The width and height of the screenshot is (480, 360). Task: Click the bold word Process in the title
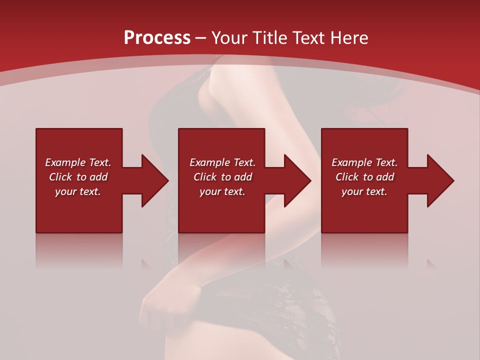tap(157, 38)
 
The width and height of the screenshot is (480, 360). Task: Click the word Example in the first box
tap(65, 162)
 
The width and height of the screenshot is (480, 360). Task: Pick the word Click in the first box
tap(60, 177)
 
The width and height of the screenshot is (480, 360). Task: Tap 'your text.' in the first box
tap(78, 191)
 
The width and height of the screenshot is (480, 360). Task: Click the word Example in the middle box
tap(209, 162)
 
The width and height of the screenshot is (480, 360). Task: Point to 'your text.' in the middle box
tap(222, 191)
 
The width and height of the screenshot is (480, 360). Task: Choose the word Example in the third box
tap(351, 162)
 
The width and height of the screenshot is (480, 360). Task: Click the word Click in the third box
tap(347, 177)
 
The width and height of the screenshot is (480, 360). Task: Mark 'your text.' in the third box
tap(364, 191)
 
